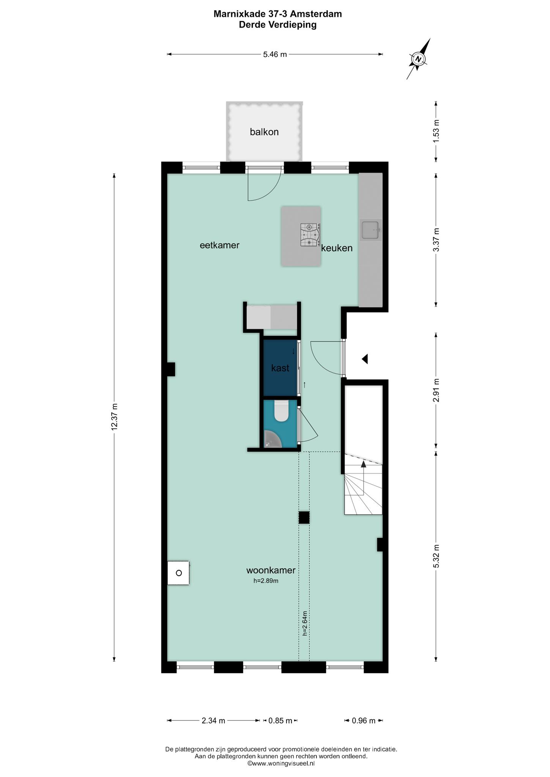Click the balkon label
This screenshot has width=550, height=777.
pyautogui.click(x=264, y=132)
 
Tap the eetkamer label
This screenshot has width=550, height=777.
pyautogui.click(x=219, y=245)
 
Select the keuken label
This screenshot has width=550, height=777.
pyautogui.click(x=337, y=248)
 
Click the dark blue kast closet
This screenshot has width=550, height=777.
pyautogui.click(x=280, y=368)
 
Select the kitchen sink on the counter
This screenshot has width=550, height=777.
pyautogui.click(x=371, y=230)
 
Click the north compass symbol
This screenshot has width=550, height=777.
pyautogui.click(x=418, y=59)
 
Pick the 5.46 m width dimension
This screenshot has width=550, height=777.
pyautogui.click(x=275, y=54)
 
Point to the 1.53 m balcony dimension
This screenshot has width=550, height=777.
pyautogui.click(x=436, y=131)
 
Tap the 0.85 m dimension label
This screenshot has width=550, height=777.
pyautogui.click(x=281, y=720)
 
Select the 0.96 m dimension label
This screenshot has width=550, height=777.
pyautogui.click(x=364, y=720)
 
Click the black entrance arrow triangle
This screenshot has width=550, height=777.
pyautogui.click(x=365, y=359)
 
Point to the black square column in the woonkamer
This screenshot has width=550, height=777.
pyautogui.click(x=304, y=517)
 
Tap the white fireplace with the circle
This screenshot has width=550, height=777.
pyautogui.click(x=178, y=573)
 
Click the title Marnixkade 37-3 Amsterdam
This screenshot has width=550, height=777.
pyautogui.click(x=277, y=14)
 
